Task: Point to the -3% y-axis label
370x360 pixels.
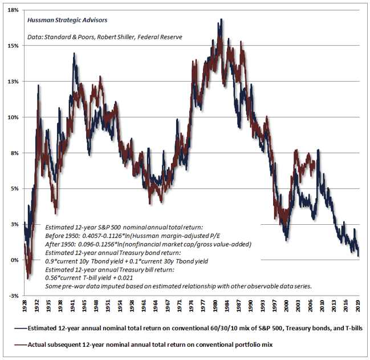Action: click(x=11, y=296)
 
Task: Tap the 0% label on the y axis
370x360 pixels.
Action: click(x=13, y=260)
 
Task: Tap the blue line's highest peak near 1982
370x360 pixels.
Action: click(x=221, y=19)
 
